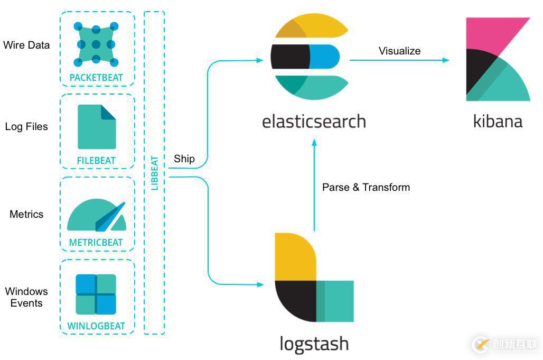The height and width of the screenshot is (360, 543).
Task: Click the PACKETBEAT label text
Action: [x=96, y=78]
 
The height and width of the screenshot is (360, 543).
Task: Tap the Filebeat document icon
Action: [x=97, y=127]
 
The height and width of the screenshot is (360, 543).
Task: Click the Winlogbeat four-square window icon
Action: [x=96, y=294]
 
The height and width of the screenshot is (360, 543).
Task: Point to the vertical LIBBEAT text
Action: [x=155, y=172]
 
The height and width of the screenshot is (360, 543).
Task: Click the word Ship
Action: [x=184, y=159]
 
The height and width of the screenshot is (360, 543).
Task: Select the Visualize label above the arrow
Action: [x=399, y=51]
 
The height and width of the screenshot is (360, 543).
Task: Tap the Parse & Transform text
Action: [x=366, y=187]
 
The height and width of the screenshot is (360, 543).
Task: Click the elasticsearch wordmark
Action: [x=314, y=122]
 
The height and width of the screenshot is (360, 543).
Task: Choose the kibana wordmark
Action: [x=498, y=121]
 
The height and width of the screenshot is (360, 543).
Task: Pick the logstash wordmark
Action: [x=314, y=344]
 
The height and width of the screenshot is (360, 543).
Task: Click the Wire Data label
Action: [x=26, y=45]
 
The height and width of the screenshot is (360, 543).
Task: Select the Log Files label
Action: [x=26, y=127]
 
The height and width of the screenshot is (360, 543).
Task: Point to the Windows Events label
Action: [x=26, y=297]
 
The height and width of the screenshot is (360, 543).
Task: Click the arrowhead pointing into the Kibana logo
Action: [x=446, y=60]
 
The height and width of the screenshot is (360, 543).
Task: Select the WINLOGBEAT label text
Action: [x=96, y=326]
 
